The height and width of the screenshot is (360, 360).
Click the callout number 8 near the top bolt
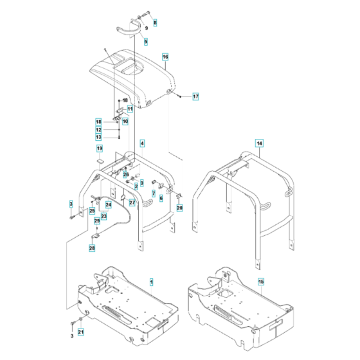coord(154,22)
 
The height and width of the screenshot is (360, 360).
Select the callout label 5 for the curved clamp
coord(146,42)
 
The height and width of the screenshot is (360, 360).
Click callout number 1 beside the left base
coord(151,282)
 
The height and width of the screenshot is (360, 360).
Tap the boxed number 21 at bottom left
coord(81,332)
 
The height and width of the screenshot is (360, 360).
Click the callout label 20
coord(179,208)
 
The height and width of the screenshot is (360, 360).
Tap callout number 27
coord(132,203)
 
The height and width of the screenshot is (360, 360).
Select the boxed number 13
coord(99,136)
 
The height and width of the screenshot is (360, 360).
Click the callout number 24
coord(108,205)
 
